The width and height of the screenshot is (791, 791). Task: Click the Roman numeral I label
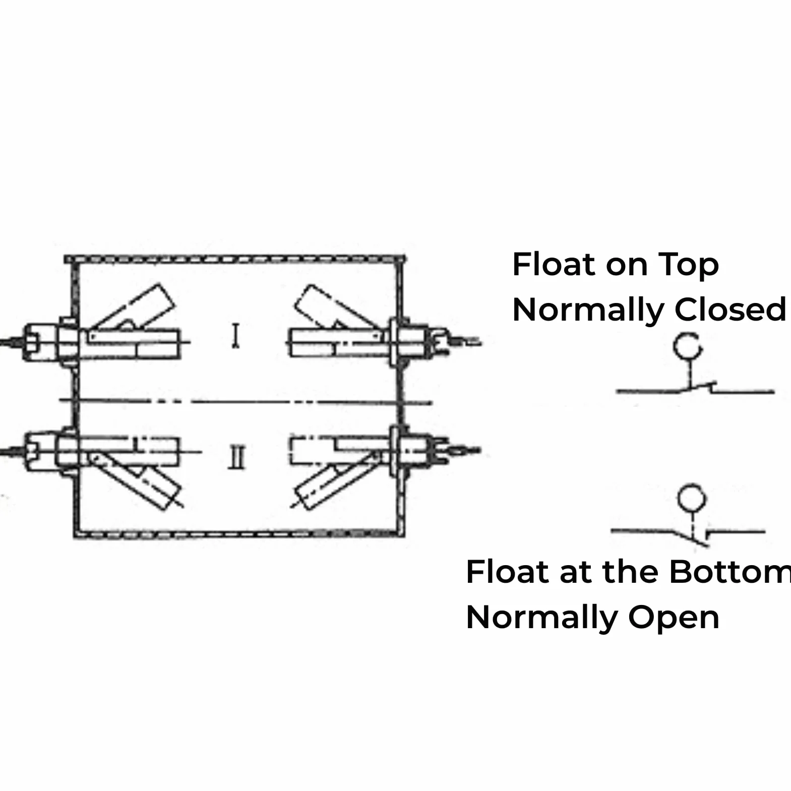point(235,336)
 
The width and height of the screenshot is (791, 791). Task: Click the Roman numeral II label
point(236,458)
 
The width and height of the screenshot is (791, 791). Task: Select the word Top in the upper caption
point(688,266)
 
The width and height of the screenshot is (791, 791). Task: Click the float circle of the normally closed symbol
point(688,346)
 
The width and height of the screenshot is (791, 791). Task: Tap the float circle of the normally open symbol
point(691,498)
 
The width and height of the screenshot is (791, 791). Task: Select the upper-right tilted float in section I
point(336,308)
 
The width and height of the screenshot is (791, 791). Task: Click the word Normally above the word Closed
point(588,311)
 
